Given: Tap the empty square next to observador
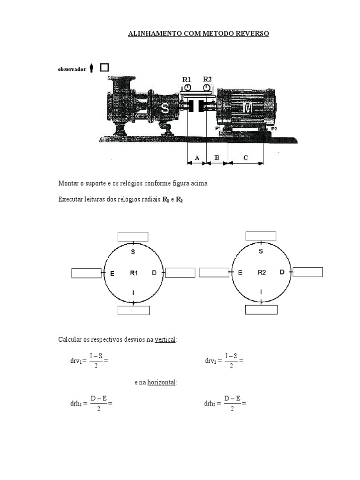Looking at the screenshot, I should pos(104,67).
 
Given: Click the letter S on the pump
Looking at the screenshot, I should pos(165,108).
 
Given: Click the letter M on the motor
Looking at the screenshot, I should pos(247,108).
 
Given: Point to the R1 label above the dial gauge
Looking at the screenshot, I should pos(187,80).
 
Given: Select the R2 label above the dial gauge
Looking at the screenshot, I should pos(207,79).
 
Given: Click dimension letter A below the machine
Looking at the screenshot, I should pos(197,158).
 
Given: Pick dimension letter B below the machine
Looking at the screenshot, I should pos(217,158).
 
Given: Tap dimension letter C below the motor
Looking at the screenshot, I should pos(246,158).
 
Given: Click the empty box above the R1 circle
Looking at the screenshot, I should pos(133,236).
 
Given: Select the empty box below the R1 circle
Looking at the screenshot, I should pos(134,310).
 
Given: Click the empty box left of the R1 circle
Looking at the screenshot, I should pos(87,273).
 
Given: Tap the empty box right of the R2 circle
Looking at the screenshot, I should pos(308,272).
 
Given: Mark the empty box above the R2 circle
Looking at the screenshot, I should pos(261,236).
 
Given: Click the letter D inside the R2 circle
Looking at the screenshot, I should pos(282,272).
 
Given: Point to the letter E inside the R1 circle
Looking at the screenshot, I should pos(112,273).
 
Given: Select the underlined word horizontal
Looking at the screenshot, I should pos(161,382).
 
